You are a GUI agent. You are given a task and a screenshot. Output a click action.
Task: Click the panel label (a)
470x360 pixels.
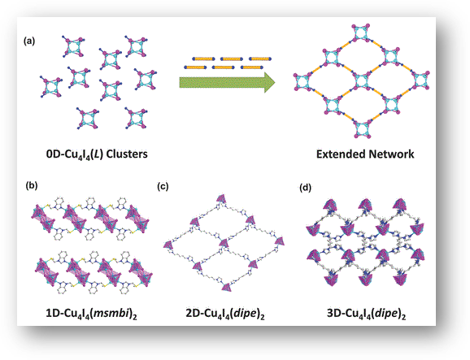click(x=29, y=41)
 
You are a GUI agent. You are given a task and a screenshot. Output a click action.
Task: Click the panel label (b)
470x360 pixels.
click(x=32, y=185)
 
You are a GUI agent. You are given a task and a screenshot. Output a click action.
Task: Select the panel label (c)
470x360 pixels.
click(x=163, y=186)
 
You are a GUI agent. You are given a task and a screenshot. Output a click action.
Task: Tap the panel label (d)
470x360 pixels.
click(x=305, y=188)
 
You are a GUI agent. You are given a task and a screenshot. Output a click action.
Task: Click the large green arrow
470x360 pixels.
click(x=227, y=82)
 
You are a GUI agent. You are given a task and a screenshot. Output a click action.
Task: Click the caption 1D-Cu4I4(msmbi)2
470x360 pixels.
click(x=91, y=314)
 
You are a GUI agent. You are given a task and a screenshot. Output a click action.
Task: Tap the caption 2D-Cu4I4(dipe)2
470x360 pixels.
click(x=225, y=314)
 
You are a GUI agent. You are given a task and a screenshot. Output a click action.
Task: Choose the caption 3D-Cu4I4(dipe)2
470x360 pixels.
click(x=366, y=314)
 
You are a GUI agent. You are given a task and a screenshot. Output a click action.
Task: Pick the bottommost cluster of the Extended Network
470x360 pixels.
click(x=361, y=129)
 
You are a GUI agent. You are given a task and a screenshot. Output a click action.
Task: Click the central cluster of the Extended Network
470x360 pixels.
click(x=361, y=81)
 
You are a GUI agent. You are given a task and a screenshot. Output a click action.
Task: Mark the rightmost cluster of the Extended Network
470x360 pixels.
click(x=421, y=80)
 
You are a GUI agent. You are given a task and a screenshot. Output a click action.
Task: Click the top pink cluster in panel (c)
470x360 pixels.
click(x=221, y=200)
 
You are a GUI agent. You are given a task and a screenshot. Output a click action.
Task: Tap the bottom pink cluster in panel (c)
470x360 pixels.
click(x=227, y=287)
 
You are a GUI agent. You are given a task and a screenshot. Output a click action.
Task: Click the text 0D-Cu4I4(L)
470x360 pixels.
click(x=75, y=154)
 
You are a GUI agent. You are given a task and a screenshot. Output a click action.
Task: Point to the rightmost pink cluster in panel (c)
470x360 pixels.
click(x=280, y=241)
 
